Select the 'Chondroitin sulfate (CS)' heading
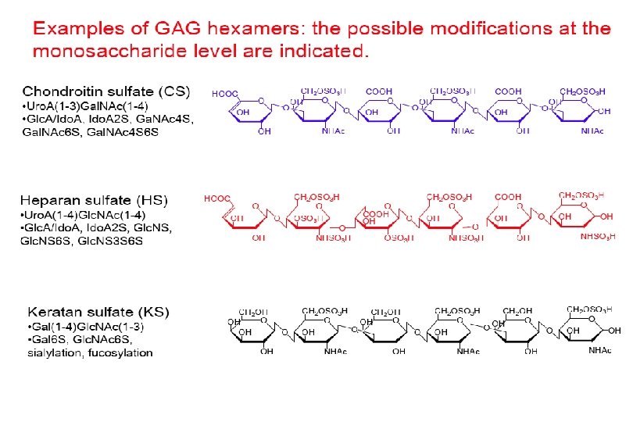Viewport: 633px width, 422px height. tap(106, 91)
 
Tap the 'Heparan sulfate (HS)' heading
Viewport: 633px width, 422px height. tap(94, 201)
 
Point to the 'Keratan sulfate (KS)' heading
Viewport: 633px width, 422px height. tap(98, 311)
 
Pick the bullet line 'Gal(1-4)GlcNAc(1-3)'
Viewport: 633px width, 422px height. tap(86, 325)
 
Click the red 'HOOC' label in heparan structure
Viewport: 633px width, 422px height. tap(217, 199)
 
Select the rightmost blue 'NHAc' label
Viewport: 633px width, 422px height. tap(592, 131)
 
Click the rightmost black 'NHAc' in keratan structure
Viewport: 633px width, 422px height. tap(600, 351)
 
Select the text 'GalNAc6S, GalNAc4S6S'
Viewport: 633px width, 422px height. tap(89, 132)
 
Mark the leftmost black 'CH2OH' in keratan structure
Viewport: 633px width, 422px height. tap(254, 311)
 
